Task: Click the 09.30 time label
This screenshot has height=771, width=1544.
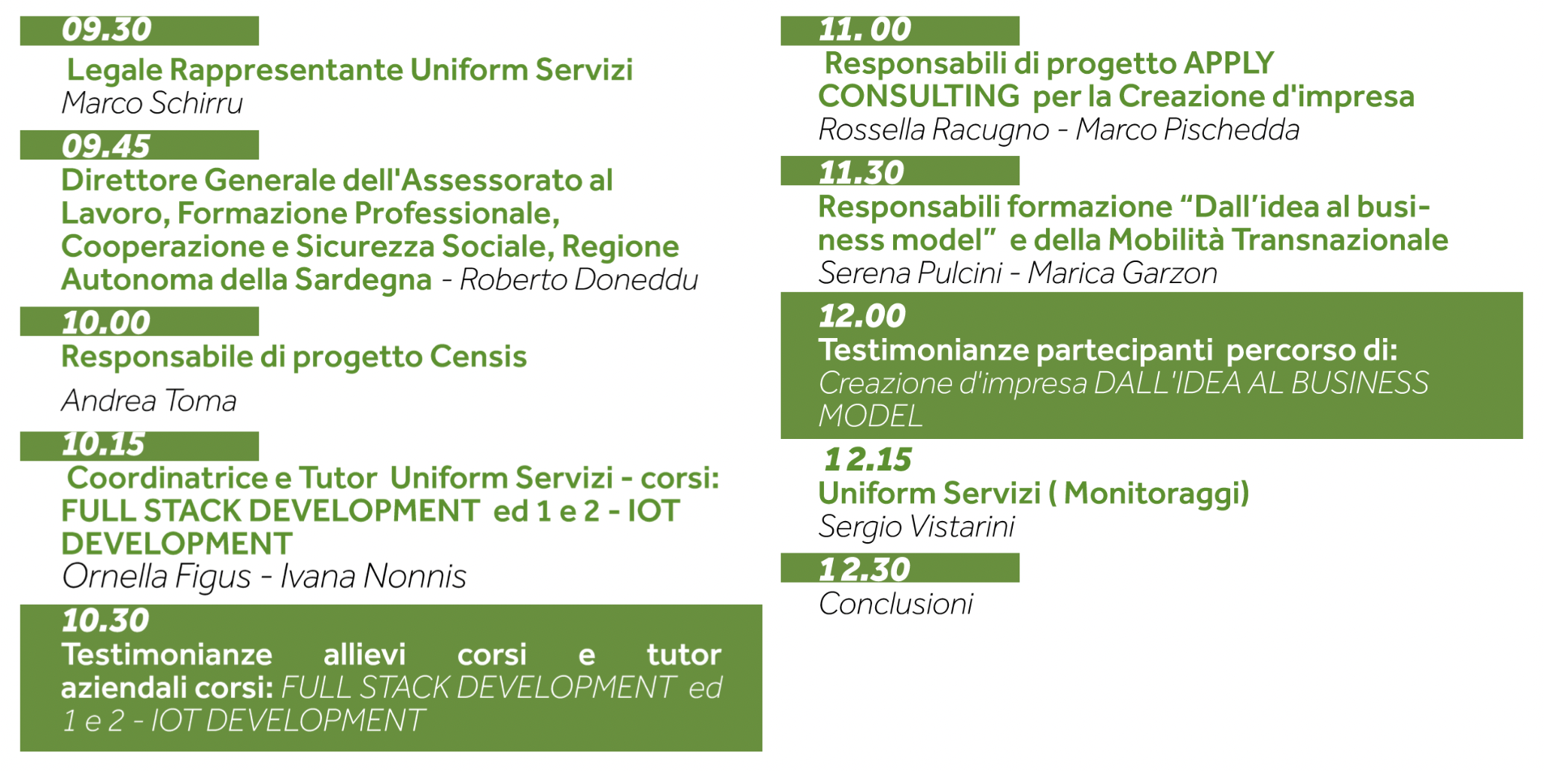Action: [107, 30]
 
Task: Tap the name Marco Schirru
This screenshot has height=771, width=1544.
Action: [152, 103]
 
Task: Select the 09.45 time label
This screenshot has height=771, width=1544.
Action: [106, 146]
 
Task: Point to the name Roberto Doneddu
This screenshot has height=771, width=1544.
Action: [579, 279]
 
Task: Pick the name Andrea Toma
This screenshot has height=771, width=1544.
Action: [149, 401]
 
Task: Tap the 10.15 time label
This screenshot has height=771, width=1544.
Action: [103, 444]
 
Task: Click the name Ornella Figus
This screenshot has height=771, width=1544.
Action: [157, 577]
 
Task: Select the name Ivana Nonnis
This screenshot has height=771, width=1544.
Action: [373, 577]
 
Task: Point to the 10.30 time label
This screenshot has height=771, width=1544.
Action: [106, 620]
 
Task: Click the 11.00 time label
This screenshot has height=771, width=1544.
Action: [865, 30]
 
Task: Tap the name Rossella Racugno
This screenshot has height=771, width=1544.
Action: [934, 130]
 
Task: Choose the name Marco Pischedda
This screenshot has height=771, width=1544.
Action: [1187, 130]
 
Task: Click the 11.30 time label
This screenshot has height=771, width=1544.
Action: [862, 172]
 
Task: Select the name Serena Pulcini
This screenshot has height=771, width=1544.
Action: [910, 273]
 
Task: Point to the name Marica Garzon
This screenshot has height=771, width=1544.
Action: [1123, 273]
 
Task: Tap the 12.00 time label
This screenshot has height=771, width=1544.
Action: [862, 316]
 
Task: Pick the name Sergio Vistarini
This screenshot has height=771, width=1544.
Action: [917, 527]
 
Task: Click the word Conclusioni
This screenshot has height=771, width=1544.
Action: [896, 604]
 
